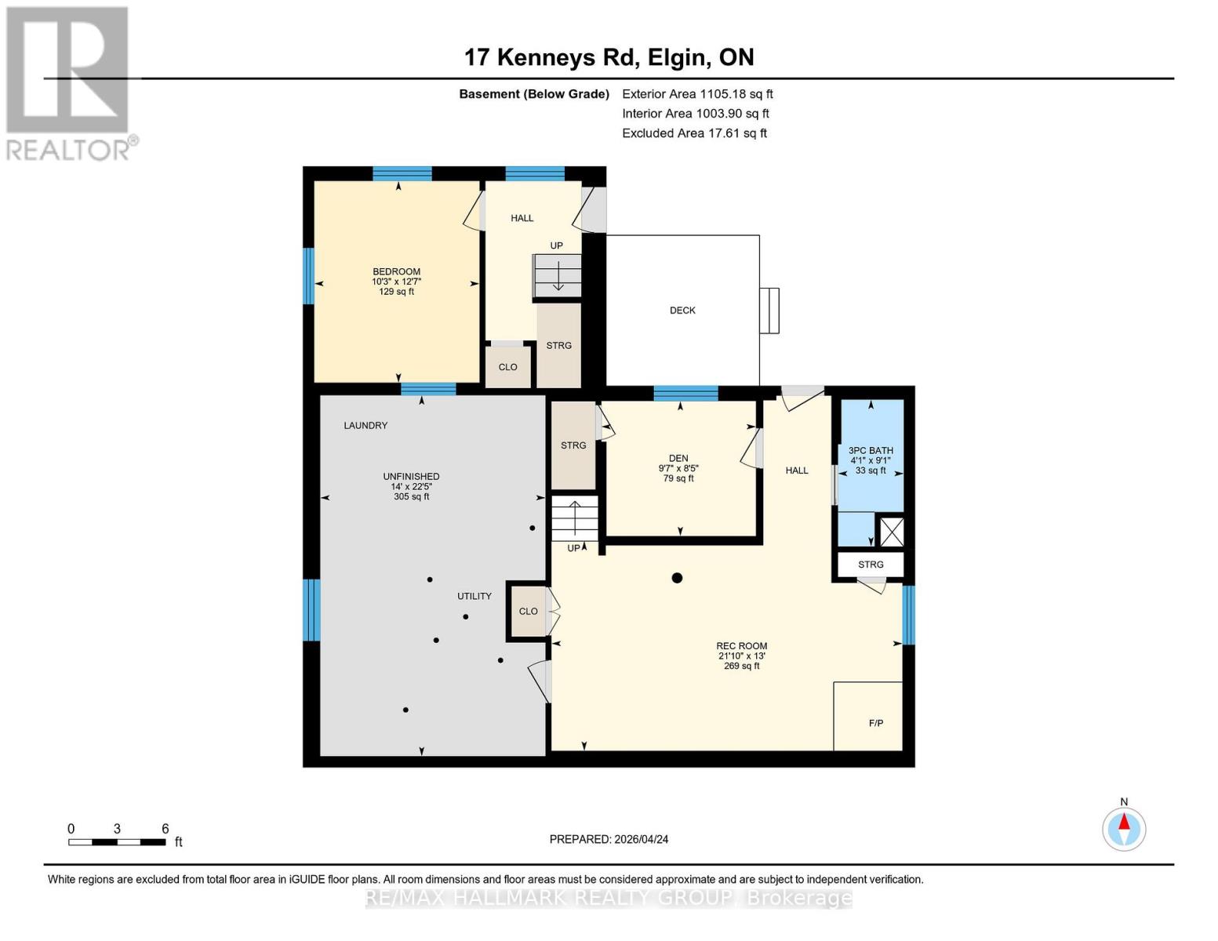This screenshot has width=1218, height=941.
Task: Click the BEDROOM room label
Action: (x=396, y=272)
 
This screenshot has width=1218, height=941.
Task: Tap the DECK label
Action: (x=682, y=311)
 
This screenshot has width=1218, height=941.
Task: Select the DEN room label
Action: (x=678, y=459)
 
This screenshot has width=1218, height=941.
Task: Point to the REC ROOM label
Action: (x=741, y=646)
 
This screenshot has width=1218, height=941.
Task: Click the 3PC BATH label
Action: (x=871, y=451)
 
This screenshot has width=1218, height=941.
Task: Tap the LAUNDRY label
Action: (x=365, y=426)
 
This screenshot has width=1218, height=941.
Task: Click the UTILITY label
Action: (x=474, y=597)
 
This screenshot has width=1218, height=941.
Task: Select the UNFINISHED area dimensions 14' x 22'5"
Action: (x=411, y=486)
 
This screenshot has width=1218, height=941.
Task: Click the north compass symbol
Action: (x=1124, y=828)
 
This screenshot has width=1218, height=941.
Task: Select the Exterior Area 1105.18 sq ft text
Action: (x=697, y=94)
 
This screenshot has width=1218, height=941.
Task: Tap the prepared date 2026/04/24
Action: (x=609, y=839)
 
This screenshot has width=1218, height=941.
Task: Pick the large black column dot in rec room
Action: (x=677, y=578)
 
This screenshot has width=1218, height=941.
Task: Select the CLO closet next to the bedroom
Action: (x=507, y=367)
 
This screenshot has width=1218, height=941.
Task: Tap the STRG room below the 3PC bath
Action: (x=871, y=565)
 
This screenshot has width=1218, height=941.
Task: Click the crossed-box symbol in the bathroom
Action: (x=892, y=532)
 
